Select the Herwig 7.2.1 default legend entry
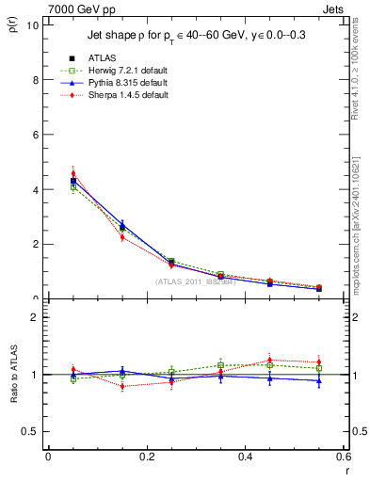(x=127, y=70)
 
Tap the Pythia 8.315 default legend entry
(x=126, y=83)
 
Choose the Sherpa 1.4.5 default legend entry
(x=126, y=95)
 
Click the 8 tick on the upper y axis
(x=36, y=80)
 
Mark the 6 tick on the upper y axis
(x=36, y=135)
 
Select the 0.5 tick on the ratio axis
(x=33, y=431)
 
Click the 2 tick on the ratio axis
(x=36, y=317)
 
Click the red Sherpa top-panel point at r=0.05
(x=73, y=173)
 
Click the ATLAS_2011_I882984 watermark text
(x=195, y=281)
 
